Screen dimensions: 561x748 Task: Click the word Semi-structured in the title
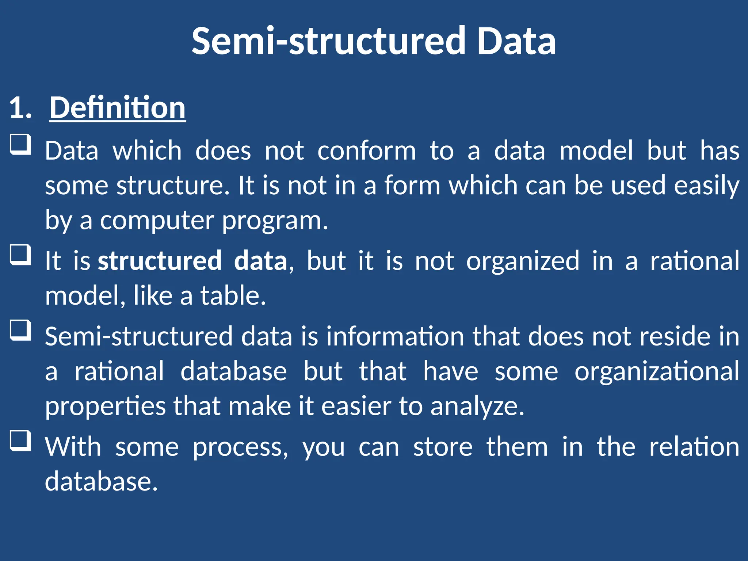[328, 41]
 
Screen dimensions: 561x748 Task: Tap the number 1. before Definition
[20, 108]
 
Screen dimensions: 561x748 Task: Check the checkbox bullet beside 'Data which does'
[20, 144]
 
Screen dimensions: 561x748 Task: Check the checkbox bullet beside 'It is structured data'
[20, 255]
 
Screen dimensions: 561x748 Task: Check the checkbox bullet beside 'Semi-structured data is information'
[20, 330]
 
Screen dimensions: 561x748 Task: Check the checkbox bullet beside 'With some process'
[20, 440]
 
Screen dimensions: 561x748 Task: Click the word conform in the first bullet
[366, 150]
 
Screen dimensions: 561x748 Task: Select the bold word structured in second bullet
[160, 261]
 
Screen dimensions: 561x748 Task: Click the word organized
[523, 261]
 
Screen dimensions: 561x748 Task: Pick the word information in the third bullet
[395, 336]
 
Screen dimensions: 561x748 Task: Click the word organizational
[657, 371]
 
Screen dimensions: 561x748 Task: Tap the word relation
[694, 446]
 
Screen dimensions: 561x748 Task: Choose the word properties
[106, 406]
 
